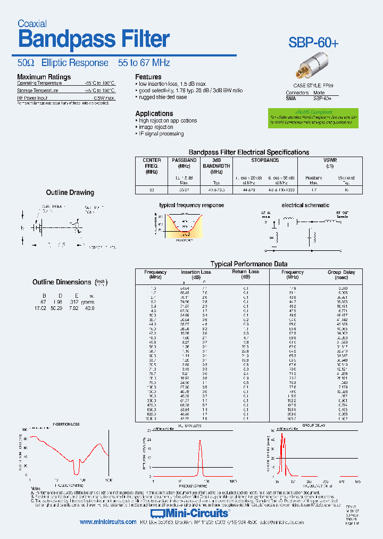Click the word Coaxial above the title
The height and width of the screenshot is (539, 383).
32,23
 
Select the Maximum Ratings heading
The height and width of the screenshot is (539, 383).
44,77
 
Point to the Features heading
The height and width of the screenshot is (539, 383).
148,77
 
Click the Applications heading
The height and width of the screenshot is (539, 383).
154,113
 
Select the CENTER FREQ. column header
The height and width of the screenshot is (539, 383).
152,166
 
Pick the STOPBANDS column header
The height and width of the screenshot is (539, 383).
264,160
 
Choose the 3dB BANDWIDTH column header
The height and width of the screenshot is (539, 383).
216,166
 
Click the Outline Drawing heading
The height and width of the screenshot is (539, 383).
70,192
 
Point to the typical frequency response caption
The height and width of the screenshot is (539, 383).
191,205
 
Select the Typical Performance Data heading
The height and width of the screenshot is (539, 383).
249,264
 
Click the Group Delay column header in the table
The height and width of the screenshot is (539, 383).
341,275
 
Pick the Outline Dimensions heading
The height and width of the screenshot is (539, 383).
62,282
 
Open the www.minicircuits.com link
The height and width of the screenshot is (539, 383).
108,522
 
